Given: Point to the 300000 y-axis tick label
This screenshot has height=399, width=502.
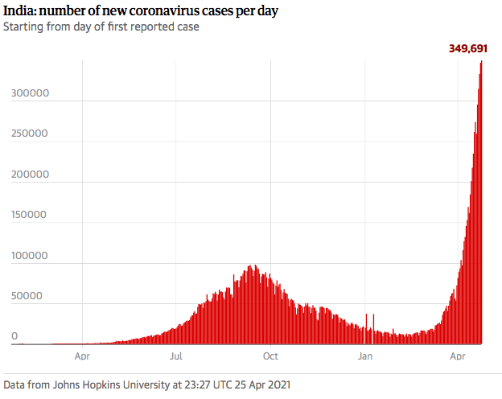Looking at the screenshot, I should [x=31, y=93].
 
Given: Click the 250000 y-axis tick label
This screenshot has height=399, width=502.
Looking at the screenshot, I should [x=31, y=134].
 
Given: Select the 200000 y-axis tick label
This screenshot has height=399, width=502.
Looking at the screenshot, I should [x=31, y=175].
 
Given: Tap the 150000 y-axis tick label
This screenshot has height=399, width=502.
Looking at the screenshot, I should [x=31, y=216].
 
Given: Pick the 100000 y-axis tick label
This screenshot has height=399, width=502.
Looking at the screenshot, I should [x=31, y=257].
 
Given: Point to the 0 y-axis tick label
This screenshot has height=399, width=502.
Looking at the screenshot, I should [x=14, y=335].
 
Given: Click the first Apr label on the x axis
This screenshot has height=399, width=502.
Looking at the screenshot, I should [x=82, y=355].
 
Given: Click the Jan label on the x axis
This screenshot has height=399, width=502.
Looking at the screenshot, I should [x=365, y=355].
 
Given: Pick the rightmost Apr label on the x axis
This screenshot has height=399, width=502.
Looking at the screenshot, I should [x=459, y=355].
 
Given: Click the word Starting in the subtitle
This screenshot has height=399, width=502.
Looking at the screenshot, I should [x=24, y=27].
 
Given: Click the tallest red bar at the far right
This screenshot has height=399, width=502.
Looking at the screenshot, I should [x=481, y=201].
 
